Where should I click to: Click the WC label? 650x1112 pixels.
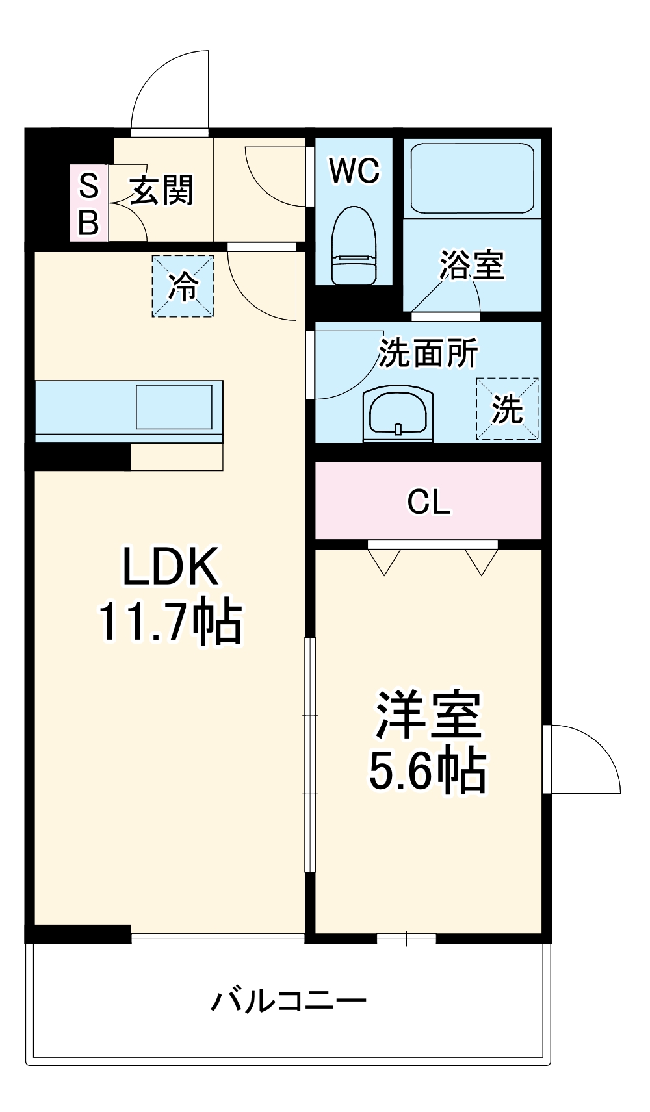[x=354, y=171]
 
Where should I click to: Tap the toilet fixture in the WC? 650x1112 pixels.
[x=354, y=247]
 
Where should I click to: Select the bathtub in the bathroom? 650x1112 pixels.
[x=473, y=177]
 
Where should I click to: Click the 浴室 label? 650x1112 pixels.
[x=472, y=265]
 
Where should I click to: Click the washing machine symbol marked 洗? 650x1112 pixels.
[x=507, y=409]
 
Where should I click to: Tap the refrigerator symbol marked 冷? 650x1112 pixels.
[x=183, y=286]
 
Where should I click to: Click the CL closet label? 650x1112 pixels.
[x=428, y=501]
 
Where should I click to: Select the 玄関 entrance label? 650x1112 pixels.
[x=162, y=191]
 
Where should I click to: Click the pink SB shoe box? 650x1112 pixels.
[x=88, y=203]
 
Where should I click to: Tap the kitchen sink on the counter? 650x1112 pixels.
[x=174, y=407]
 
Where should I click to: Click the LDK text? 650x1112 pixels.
[x=170, y=566]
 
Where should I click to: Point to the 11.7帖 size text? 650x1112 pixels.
[x=170, y=622]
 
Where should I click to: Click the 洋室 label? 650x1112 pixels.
[x=428, y=715]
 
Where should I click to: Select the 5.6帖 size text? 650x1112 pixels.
[x=428, y=770]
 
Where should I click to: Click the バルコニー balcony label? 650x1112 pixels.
[x=288, y=1001]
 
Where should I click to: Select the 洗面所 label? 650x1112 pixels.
[x=428, y=353]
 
